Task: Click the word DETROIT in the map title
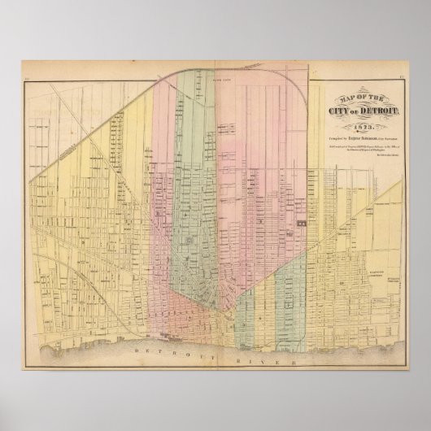[x=376, y=100]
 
